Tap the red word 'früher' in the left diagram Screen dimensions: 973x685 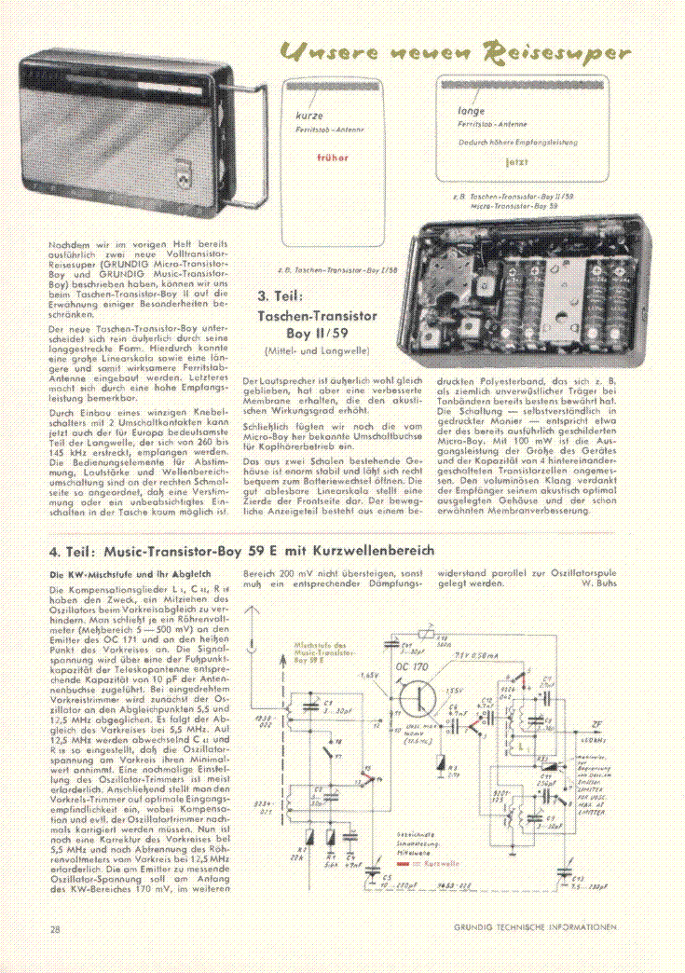(x=332, y=158)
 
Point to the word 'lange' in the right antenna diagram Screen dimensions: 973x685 (x=472, y=111)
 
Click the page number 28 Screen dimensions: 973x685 (x=55, y=928)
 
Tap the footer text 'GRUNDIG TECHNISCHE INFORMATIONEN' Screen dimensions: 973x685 (x=535, y=927)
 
